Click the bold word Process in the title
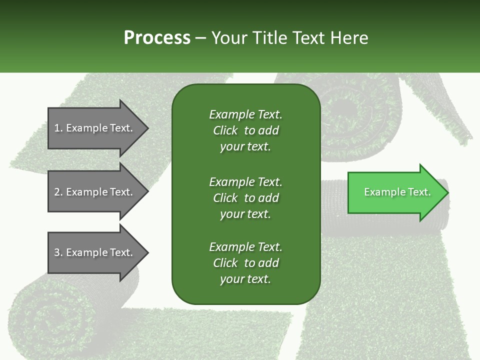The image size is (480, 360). [x=157, y=38]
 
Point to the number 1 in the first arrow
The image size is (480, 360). [x=57, y=128]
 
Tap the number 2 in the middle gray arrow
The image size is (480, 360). [x=57, y=192]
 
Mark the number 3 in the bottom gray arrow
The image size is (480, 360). [x=57, y=253]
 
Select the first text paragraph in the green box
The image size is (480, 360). [x=245, y=130]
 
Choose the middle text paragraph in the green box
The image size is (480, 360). [x=245, y=198]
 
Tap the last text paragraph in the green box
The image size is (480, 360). [x=245, y=263]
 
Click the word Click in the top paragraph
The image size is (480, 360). [x=225, y=130]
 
